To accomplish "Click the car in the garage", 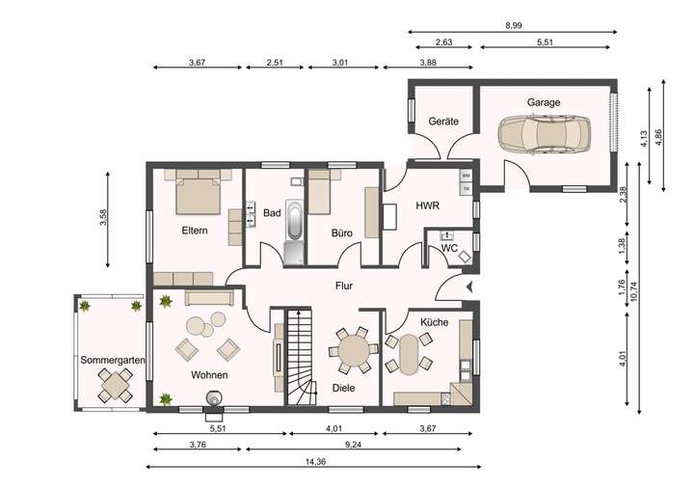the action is pyautogui.click(x=544, y=134).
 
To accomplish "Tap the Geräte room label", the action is pyautogui.click(x=443, y=121).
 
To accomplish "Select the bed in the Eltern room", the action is pyautogui.click(x=198, y=193).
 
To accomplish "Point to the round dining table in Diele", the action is pyautogui.click(x=353, y=349).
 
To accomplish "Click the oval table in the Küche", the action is pyautogui.click(x=409, y=354).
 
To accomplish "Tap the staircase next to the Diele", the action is pyautogui.click(x=301, y=357).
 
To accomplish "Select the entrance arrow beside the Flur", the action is pyautogui.click(x=469, y=287).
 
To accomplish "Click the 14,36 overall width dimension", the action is pyautogui.click(x=315, y=462).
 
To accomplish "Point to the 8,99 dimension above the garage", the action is pyautogui.click(x=514, y=26).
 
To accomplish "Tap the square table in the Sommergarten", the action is pyautogui.click(x=115, y=386).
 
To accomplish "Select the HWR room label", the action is pyautogui.click(x=427, y=205).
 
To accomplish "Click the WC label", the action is pyautogui.click(x=449, y=249).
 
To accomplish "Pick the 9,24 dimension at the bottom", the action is pyautogui.click(x=353, y=445).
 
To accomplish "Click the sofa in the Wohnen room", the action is pyautogui.click(x=209, y=298).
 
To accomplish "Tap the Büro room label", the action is pyautogui.click(x=341, y=233).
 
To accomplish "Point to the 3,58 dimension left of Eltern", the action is pyautogui.click(x=103, y=218).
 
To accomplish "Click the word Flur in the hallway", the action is pyautogui.click(x=344, y=286).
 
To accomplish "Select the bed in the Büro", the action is pyautogui.click(x=319, y=192).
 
